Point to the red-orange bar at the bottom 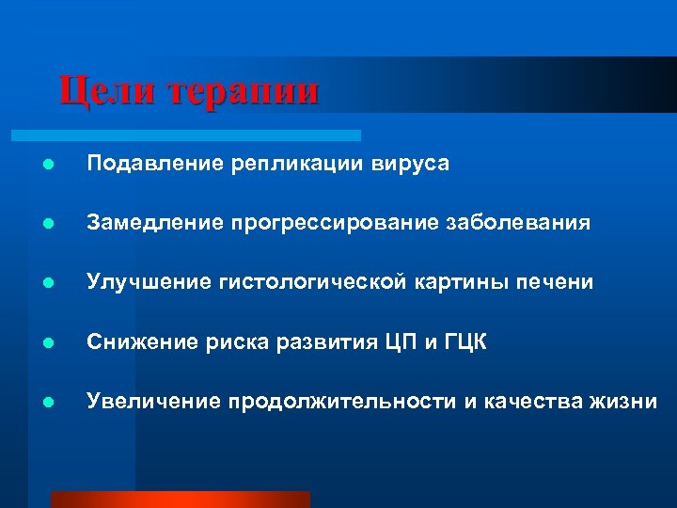pos(180,500)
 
